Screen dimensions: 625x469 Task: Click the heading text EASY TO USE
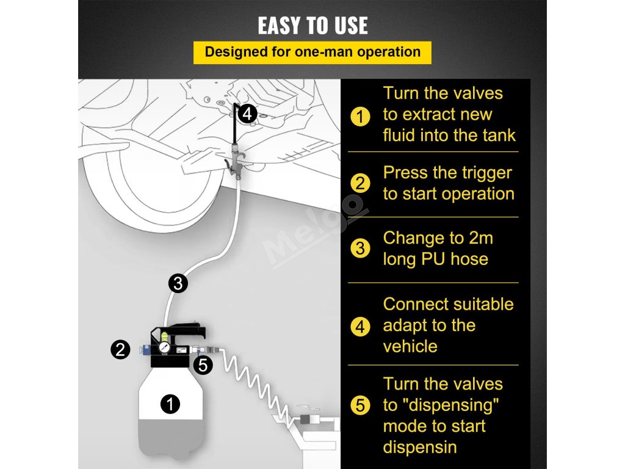tap(312, 26)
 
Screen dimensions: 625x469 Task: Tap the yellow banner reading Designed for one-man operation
tap(312, 53)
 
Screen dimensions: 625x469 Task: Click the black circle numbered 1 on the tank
tap(170, 404)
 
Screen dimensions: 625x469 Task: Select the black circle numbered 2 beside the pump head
tap(120, 349)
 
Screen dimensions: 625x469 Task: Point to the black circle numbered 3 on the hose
tap(178, 283)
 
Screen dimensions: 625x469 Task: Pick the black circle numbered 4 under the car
tap(247, 114)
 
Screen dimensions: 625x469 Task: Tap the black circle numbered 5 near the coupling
tap(203, 365)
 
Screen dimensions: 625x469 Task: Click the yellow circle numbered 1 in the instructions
tap(360, 117)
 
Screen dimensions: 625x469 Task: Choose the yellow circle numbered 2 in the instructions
tap(360, 183)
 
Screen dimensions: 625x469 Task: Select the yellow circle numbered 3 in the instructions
tap(360, 248)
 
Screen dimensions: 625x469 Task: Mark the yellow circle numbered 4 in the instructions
tap(360, 327)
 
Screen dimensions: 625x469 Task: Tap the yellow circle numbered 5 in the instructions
tap(360, 405)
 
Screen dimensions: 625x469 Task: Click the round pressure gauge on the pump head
tap(164, 347)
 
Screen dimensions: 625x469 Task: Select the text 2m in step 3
tap(481, 238)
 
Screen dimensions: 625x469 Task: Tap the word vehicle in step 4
tap(410, 346)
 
